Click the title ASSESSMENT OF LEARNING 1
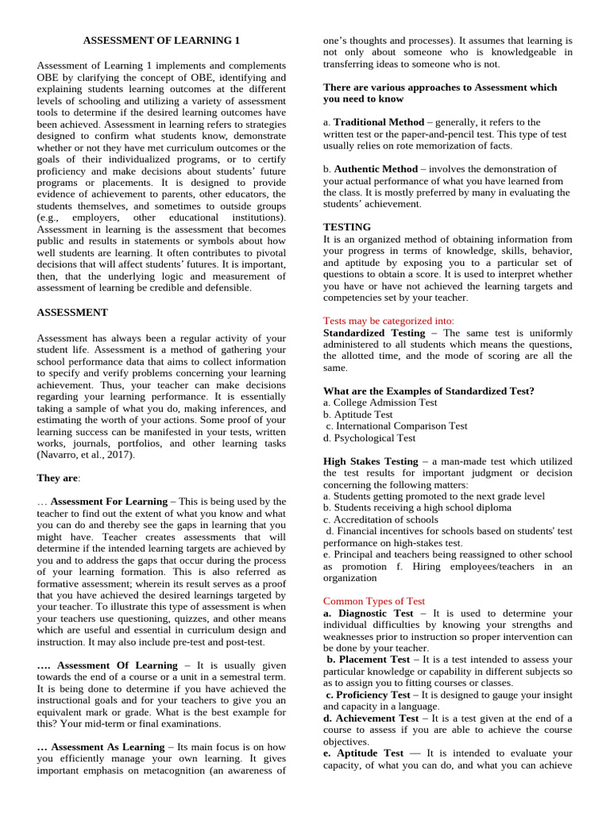[161, 40]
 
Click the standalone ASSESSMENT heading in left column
[72, 313]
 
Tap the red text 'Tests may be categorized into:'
[377, 321]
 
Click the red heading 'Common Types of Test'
[374, 601]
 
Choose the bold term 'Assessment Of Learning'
[118, 665]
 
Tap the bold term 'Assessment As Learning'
[110, 747]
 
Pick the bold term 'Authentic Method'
[376, 169]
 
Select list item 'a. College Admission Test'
[380, 403]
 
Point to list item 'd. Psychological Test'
[369, 437]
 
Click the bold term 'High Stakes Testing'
[370, 461]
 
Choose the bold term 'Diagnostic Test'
[376, 613]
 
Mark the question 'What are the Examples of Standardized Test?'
[429, 391]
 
